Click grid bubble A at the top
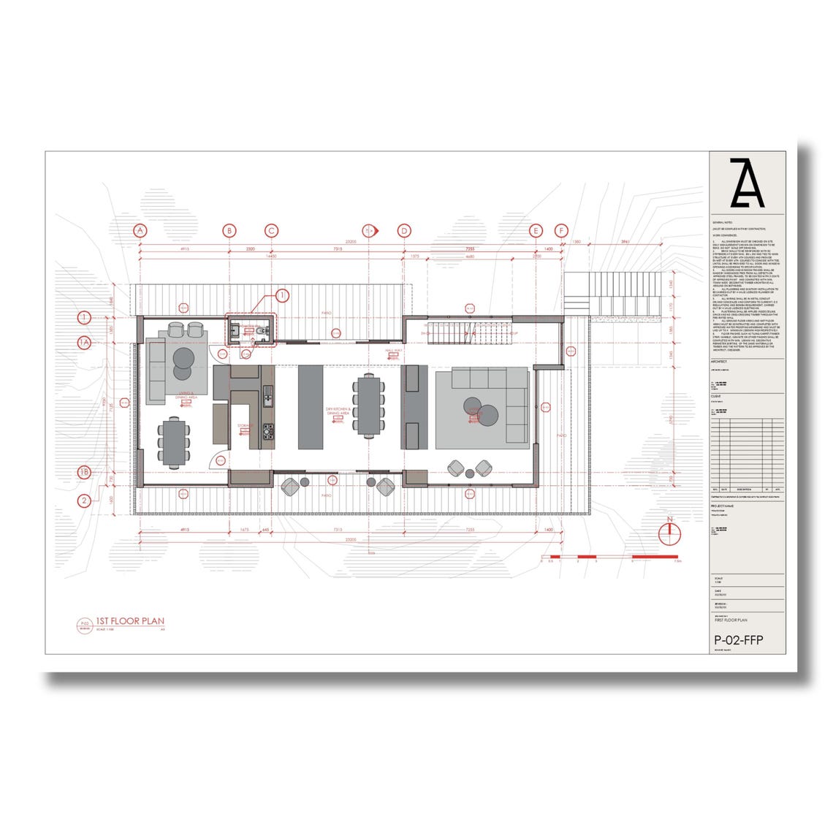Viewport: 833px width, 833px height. click(x=140, y=230)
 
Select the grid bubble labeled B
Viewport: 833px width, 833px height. click(x=229, y=230)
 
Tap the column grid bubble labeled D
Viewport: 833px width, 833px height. click(x=404, y=230)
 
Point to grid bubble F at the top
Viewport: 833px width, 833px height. click(x=562, y=230)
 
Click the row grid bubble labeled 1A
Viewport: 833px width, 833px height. click(x=85, y=342)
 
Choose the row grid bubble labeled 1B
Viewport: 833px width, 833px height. click(x=85, y=472)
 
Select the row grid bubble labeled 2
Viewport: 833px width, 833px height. click(x=85, y=501)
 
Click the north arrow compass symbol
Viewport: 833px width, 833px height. click(x=669, y=533)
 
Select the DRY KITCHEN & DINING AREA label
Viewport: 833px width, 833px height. click(x=339, y=411)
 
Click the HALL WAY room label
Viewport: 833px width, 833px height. click(x=395, y=351)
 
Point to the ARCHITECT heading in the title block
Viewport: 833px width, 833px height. click(x=720, y=362)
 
